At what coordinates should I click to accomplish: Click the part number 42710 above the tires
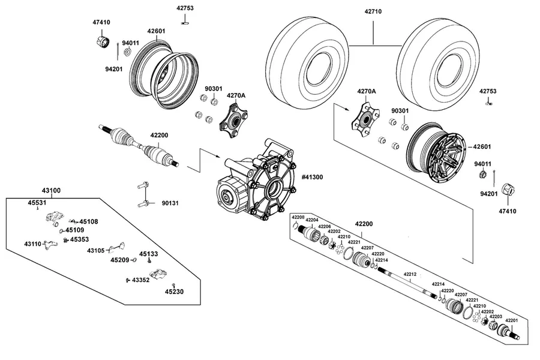click(x=373, y=11)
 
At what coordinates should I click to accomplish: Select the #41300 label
click(x=313, y=177)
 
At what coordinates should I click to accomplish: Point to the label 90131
click(x=170, y=203)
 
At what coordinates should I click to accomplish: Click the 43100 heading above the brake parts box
click(x=52, y=191)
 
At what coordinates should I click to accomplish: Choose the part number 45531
click(x=37, y=203)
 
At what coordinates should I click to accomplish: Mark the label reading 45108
click(x=89, y=221)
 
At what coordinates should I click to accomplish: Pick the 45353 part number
click(x=79, y=239)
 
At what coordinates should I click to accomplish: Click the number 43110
click(x=33, y=244)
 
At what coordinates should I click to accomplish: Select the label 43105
click(x=96, y=250)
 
